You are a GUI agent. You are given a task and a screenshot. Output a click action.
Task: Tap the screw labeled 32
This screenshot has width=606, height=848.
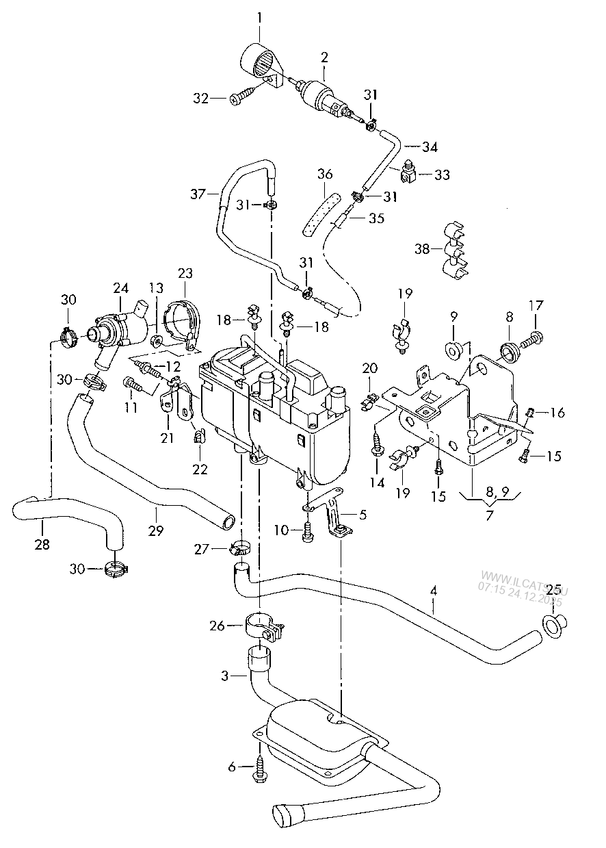241,99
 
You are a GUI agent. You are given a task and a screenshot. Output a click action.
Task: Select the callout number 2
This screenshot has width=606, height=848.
324,57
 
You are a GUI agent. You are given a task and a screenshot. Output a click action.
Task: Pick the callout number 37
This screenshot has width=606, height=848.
198,194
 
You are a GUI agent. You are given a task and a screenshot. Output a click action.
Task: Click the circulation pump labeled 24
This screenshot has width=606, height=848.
119,331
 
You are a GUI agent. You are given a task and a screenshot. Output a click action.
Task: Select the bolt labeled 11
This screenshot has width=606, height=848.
134,386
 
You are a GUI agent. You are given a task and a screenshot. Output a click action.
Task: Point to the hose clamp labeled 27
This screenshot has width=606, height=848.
239,548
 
